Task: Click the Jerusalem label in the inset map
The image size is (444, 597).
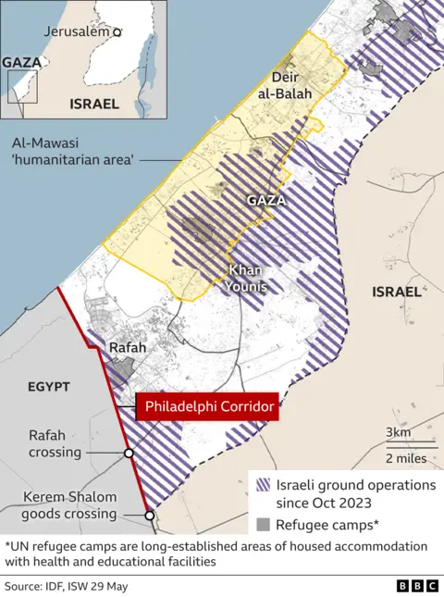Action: click(x=77, y=31)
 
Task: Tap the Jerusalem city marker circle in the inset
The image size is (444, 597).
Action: click(x=117, y=31)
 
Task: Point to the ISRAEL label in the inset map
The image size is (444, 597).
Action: click(x=94, y=104)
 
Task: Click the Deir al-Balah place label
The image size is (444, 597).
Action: click(x=290, y=85)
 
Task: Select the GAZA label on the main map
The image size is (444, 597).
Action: click(x=265, y=200)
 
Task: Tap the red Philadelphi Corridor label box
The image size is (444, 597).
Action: click(x=207, y=406)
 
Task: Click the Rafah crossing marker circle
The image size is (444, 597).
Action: click(x=129, y=454)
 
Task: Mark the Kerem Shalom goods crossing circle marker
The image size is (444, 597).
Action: click(x=149, y=516)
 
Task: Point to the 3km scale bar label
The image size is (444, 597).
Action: click(x=399, y=433)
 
